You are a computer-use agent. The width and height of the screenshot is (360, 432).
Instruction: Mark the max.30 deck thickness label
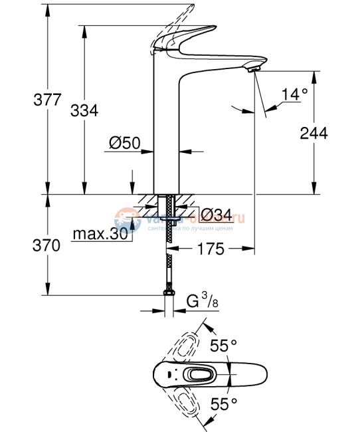click(101, 235)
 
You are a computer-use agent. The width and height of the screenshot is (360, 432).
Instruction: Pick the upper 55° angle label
click(223, 346)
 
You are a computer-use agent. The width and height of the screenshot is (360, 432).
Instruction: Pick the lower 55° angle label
click(223, 403)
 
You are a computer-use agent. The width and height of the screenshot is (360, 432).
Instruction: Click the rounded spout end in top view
click(258, 374)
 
